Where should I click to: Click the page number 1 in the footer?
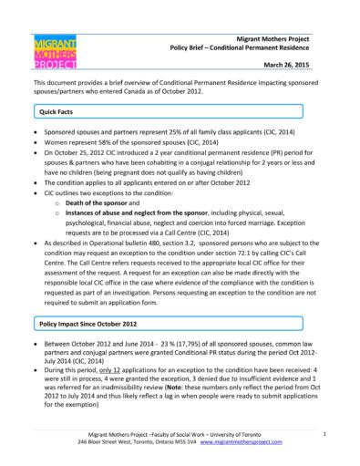[x=325, y=435]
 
